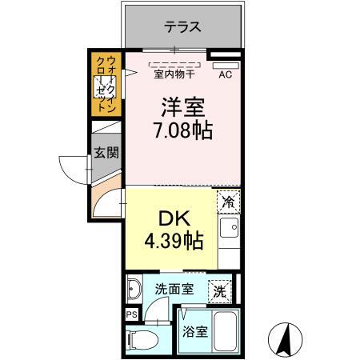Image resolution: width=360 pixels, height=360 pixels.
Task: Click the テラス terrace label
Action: click(x=182, y=26)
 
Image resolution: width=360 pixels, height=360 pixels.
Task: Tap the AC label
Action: click(x=226, y=75)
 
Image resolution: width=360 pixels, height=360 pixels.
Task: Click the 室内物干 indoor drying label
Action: click(x=170, y=76)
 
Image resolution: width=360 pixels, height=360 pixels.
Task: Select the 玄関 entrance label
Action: click(x=105, y=152)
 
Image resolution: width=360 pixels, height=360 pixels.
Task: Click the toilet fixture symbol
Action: click(x=143, y=338)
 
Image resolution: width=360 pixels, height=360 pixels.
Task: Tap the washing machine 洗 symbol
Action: click(x=218, y=291)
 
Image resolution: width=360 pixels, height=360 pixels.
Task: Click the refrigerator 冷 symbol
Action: click(x=228, y=202)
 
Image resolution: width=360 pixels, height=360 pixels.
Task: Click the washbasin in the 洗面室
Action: click(x=135, y=290)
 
